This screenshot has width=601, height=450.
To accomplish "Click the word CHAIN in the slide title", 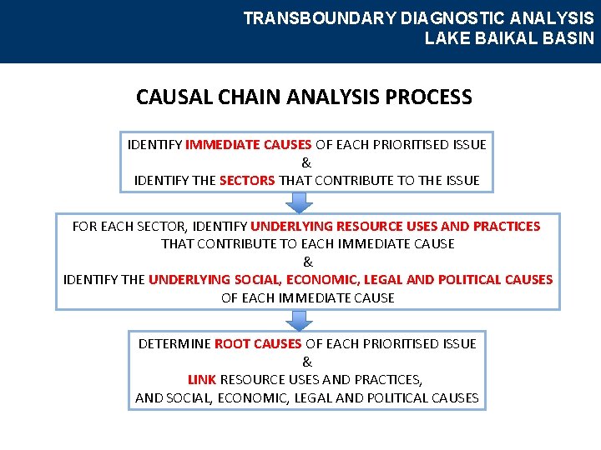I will click(x=249, y=97).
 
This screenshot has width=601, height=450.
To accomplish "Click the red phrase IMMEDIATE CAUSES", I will click(x=248, y=144).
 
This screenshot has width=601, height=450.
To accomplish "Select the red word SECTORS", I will click(x=247, y=180).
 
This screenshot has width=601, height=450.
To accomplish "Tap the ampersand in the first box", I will click(x=306, y=162).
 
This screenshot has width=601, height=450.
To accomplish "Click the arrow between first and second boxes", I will click(x=299, y=202).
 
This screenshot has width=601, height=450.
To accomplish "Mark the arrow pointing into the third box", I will click(x=299, y=319).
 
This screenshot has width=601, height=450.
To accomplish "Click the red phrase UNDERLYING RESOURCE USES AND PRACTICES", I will click(x=395, y=226).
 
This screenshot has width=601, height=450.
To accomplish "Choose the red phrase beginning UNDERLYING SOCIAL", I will click(x=351, y=279).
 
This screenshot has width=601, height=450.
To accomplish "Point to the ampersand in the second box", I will click(x=307, y=262).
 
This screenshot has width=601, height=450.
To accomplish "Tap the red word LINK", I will click(x=202, y=379).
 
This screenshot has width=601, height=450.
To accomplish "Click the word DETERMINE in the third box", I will click(x=174, y=343).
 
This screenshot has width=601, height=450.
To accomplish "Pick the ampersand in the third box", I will click(x=307, y=362).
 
